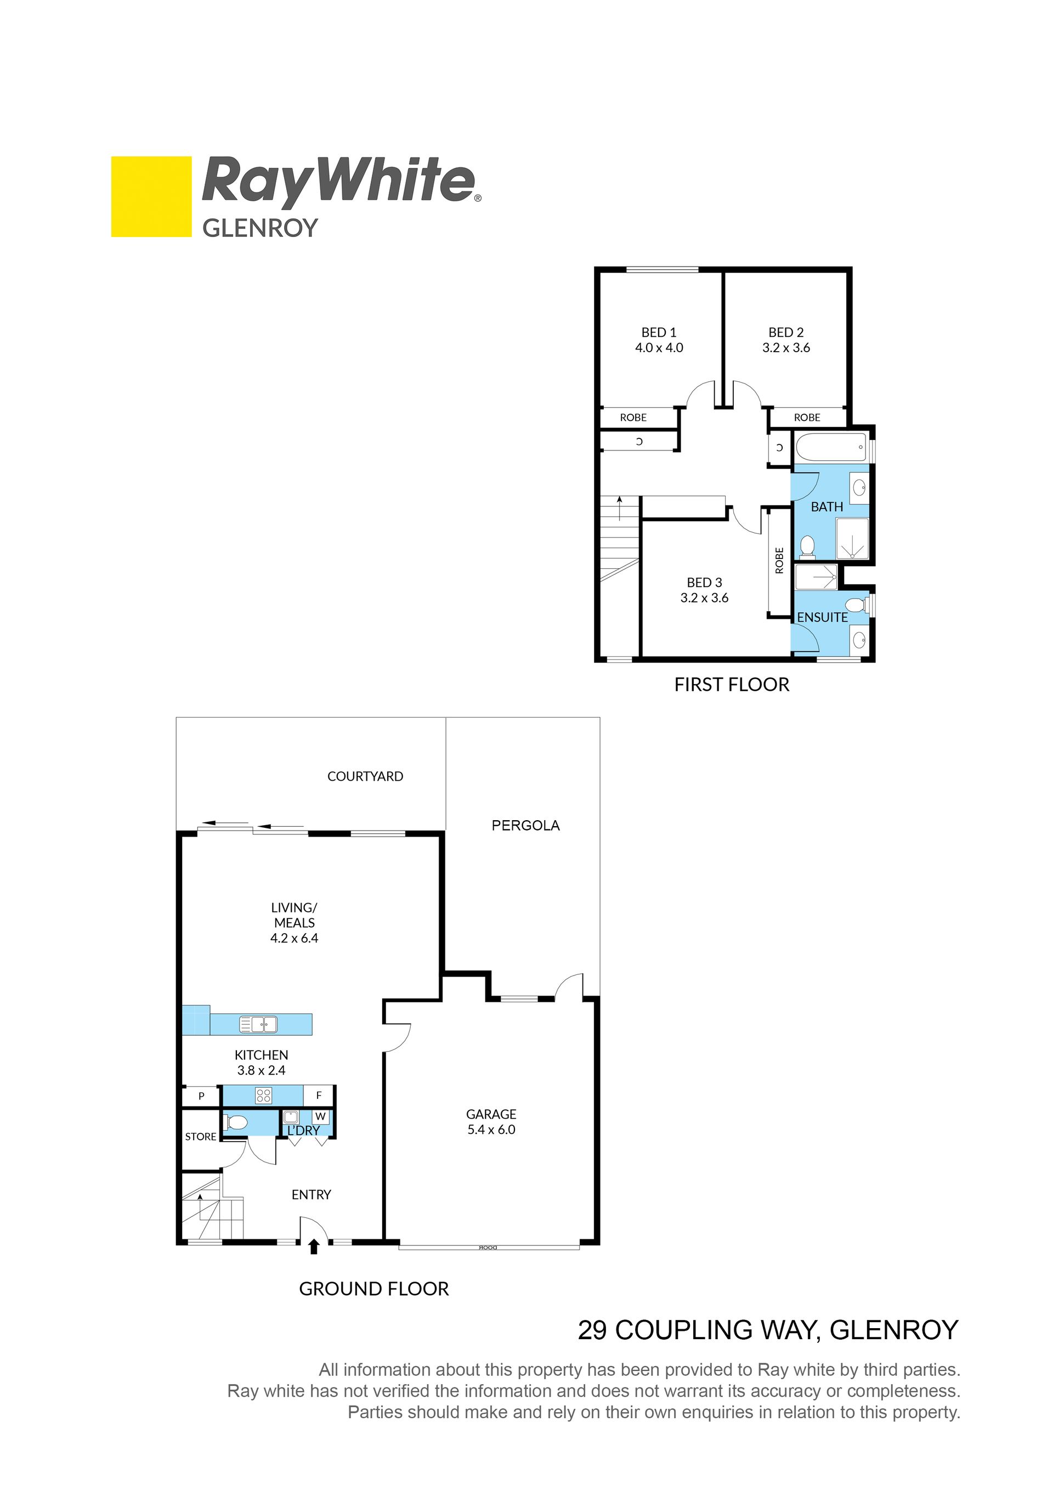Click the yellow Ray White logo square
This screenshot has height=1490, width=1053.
click(151, 196)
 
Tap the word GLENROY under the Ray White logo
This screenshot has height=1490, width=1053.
click(260, 228)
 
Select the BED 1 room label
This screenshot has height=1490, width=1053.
click(659, 332)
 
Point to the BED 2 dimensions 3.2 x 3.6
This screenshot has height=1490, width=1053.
click(786, 348)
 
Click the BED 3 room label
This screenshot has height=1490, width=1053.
click(704, 583)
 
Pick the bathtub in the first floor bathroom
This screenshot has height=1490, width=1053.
click(831, 447)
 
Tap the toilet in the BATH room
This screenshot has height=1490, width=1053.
click(808, 546)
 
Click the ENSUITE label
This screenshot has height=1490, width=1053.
click(822, 617)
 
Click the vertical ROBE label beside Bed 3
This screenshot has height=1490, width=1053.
click(779, 560)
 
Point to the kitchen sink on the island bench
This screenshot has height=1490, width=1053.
click(259, 1024)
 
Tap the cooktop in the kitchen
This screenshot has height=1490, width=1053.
click(263, 1096)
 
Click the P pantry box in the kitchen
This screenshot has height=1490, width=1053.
click(201, 1096)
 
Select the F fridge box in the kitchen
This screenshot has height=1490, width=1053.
click(319, 1096)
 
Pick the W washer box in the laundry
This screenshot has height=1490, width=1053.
click(320, 1117)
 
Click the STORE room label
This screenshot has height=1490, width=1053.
click(201, 1136)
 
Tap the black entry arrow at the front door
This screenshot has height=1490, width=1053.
click(314, 1246)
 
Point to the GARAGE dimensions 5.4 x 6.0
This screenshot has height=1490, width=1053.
click(491, 1130)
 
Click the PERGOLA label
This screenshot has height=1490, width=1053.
click(525, 826)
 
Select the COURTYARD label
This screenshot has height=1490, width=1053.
click(365, 776)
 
